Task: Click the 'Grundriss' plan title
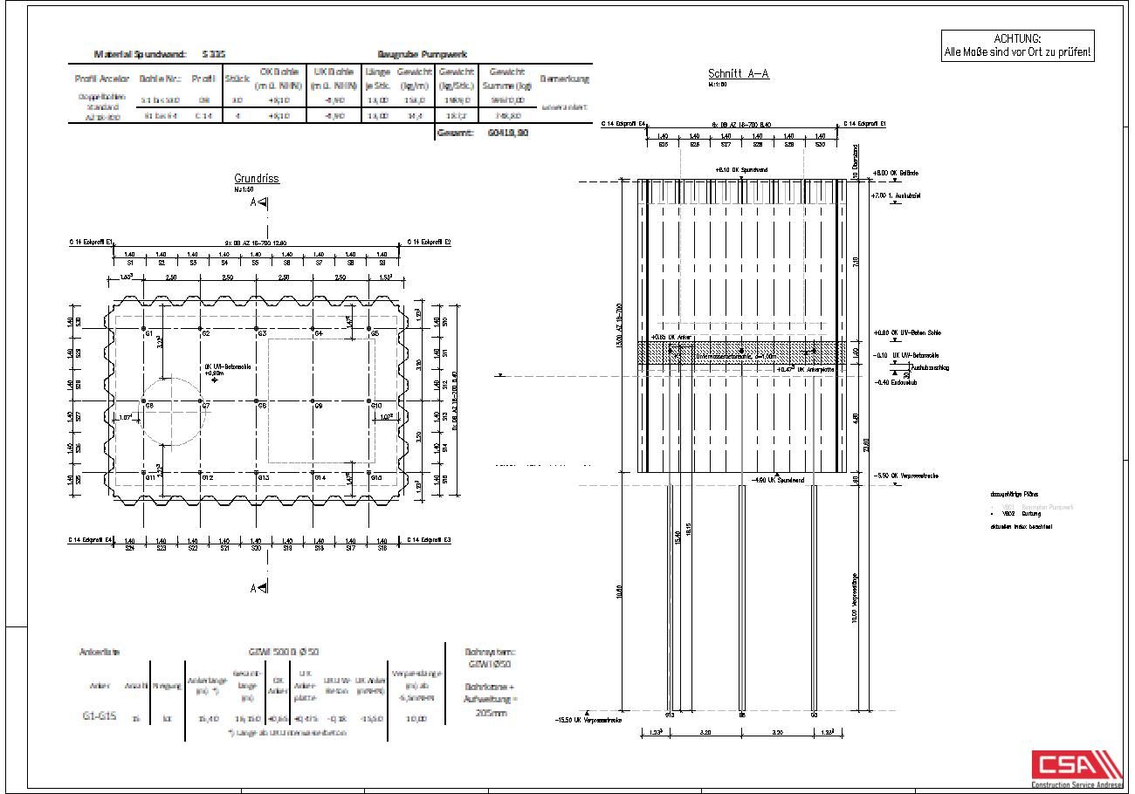pos(257,179)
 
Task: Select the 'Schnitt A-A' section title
pos(738,74)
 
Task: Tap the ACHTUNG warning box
pos(1017,45)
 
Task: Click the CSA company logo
pos(1076,768)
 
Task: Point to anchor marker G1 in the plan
pos(145,331)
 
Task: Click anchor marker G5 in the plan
pos(372,331)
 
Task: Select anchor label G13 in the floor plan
pos(263,478)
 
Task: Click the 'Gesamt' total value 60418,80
pos(509,133)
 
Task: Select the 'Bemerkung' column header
pos(564,79)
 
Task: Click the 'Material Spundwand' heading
pos(140,54)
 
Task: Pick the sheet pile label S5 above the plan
pos(255,262)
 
